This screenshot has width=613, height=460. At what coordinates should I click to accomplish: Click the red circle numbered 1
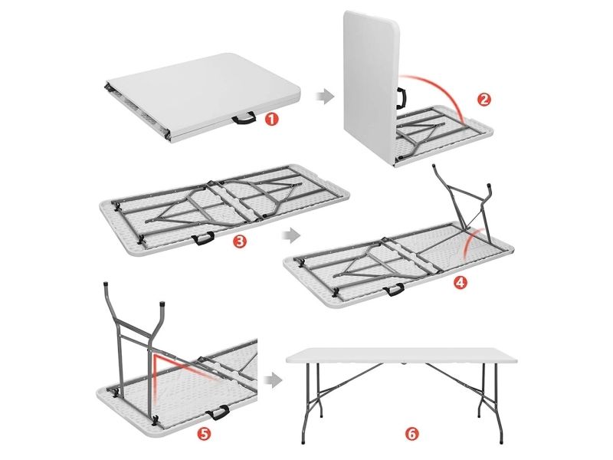(x=272, y=119)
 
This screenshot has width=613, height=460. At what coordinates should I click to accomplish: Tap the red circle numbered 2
(x=484, y=100)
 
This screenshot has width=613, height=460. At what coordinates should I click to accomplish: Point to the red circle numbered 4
(x=461, y=282)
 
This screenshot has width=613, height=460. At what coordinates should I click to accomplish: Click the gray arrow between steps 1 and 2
(x=325, y=96)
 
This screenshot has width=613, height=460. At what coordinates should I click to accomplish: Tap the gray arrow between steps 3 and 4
(x=291, y=236)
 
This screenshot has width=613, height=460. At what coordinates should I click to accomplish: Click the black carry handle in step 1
(x=244, y=118)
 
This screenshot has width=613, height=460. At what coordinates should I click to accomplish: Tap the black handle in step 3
(x=203, y=238)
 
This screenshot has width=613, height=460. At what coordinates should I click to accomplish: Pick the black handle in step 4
(x=393, y=290)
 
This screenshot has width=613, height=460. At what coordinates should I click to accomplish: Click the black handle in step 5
(x=218, y=412)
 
